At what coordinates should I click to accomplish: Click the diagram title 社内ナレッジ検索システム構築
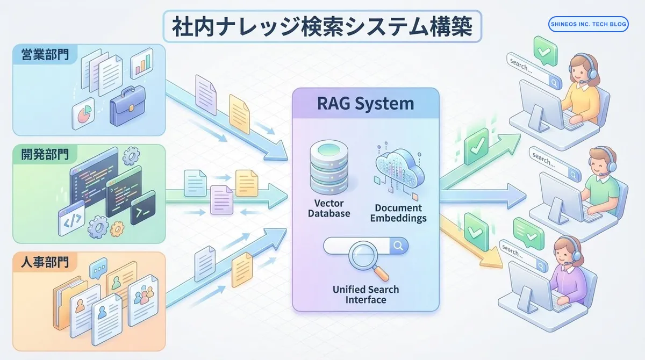(322, 27)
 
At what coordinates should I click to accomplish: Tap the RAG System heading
(366, 103)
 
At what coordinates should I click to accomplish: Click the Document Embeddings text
(398, 213)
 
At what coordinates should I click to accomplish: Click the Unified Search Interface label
(366, 294)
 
